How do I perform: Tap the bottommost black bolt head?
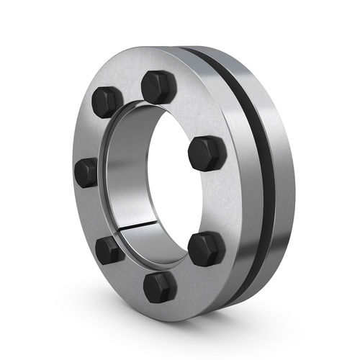coord(160,287)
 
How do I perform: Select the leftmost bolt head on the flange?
coord(86,172)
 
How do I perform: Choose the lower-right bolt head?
coord(206,248)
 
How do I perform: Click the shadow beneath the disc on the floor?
coord(238,317)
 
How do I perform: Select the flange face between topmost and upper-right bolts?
coord(191,108)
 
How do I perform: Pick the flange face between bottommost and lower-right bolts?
coord(187,277)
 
